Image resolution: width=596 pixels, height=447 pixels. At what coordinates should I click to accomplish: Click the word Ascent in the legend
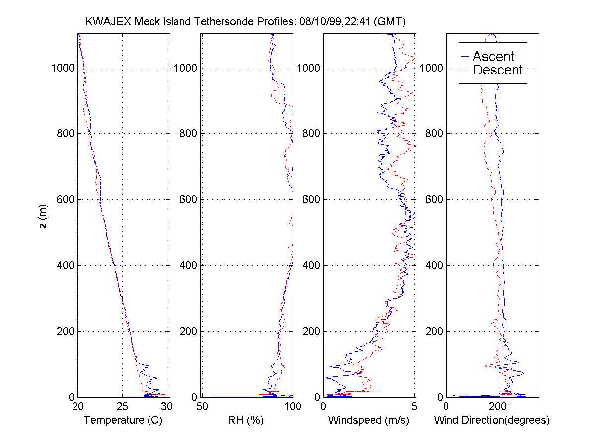(493, 56)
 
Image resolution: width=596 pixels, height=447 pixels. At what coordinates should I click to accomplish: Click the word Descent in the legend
(498, 70)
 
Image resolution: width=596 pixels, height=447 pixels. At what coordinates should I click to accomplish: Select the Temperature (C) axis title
(123, 420)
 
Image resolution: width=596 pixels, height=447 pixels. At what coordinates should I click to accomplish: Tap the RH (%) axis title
(245, 420)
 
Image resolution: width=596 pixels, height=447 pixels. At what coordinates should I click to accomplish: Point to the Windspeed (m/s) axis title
(369, 420)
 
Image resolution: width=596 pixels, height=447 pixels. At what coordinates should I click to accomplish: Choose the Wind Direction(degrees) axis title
(492, 420)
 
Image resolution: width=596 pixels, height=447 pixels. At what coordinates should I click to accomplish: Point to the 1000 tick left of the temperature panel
(62, 68)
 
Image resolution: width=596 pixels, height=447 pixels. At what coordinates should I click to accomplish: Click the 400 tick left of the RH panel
(188, 265)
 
